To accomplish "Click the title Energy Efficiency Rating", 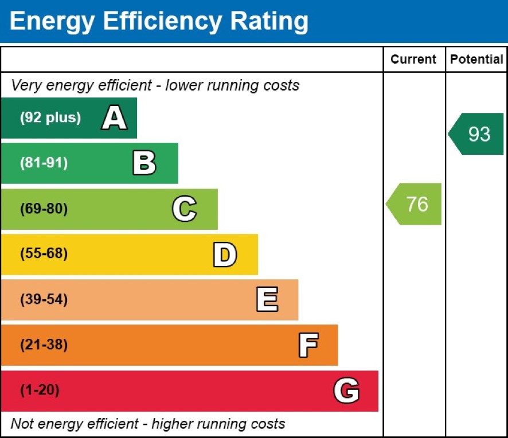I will tap(159, 22).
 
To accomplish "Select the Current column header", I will tap(413, 60).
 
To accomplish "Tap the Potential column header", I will tap(476, 60).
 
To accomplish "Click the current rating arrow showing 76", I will tap(415, 204).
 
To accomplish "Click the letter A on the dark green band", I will tap(114, 118).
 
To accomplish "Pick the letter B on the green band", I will tap(144, 163).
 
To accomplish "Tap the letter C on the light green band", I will tap(184, 209).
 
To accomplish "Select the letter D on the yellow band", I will tap(225, 255).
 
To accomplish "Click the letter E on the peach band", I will tap(267, 300).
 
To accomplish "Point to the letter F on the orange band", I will tap(308, 345).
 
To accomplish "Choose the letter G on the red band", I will tap(346, 391).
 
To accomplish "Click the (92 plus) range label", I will tap(50, 118).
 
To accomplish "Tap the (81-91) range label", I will tap(44, 163).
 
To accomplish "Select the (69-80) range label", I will tap(44, 209).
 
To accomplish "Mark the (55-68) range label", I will tap(44, 255).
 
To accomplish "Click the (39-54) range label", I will tap(44, 300).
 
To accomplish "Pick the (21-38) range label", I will tap(44, 345).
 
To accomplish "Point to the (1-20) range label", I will tap(40, 391).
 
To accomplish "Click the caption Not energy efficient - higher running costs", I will tap(148, 424).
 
